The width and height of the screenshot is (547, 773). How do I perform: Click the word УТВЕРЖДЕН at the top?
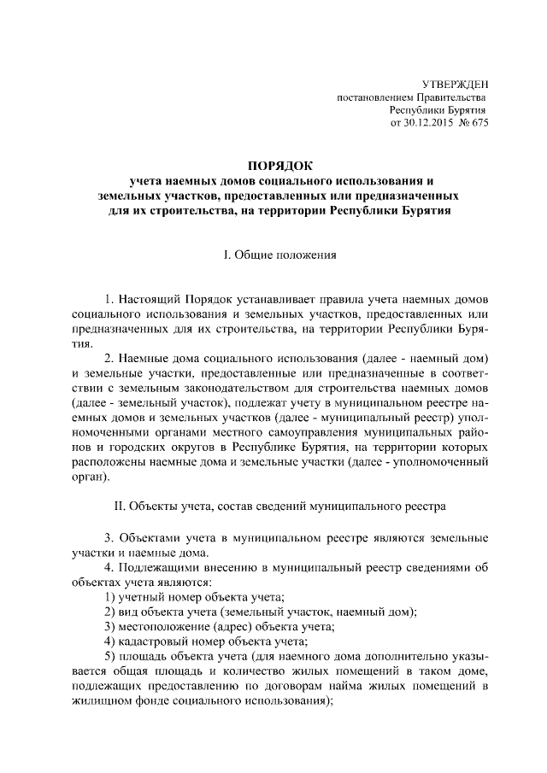pyautogui.click(x=456, y=84)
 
